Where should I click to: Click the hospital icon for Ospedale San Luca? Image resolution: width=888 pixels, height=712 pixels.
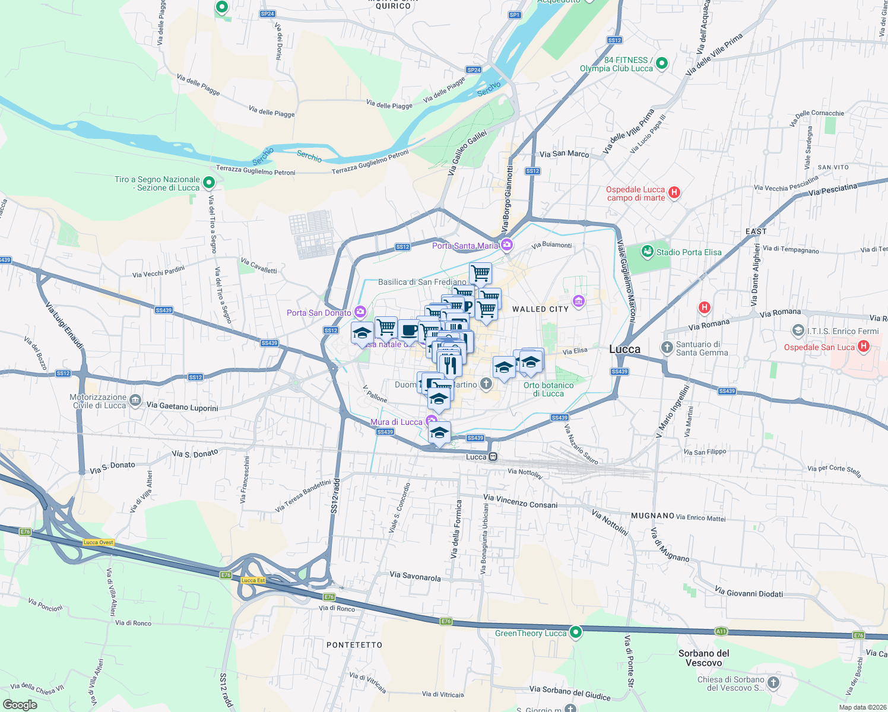tap(864, 346)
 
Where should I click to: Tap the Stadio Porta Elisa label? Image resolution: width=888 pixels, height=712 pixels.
tap(689, 252)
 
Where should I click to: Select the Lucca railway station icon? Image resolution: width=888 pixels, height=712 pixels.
tap(493, 457)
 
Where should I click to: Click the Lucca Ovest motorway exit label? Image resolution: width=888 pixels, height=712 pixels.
tap(99, 542)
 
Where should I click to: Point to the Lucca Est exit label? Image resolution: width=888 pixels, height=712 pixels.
tap(253, 580)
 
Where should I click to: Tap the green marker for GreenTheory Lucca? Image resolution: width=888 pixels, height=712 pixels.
tap(575, 632)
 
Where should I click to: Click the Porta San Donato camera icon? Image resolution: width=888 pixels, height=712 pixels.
tap(360, 312)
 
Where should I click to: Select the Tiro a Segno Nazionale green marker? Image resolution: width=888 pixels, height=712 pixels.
tap(208, 183)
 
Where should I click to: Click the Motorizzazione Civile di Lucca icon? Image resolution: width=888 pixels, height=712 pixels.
tap(135, 401)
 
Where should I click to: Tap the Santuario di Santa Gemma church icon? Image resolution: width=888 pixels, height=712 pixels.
tap(667, 347)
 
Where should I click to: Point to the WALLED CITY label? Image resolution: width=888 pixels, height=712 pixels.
tap(540, 309)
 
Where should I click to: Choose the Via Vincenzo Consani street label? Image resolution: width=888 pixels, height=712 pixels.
tap(521, 501)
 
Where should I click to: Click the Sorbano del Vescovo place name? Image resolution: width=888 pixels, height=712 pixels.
tap(704, 658)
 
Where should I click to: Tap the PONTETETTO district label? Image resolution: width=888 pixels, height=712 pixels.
tap(354, 645)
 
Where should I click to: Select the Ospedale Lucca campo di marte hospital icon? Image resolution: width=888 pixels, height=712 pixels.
tap(674, 192)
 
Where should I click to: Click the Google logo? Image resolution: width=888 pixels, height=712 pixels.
tap(20, 705)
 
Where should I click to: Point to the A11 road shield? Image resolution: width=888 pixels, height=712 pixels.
tap(721, 631)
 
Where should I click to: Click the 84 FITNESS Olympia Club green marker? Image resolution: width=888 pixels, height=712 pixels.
tap(662, 63)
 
